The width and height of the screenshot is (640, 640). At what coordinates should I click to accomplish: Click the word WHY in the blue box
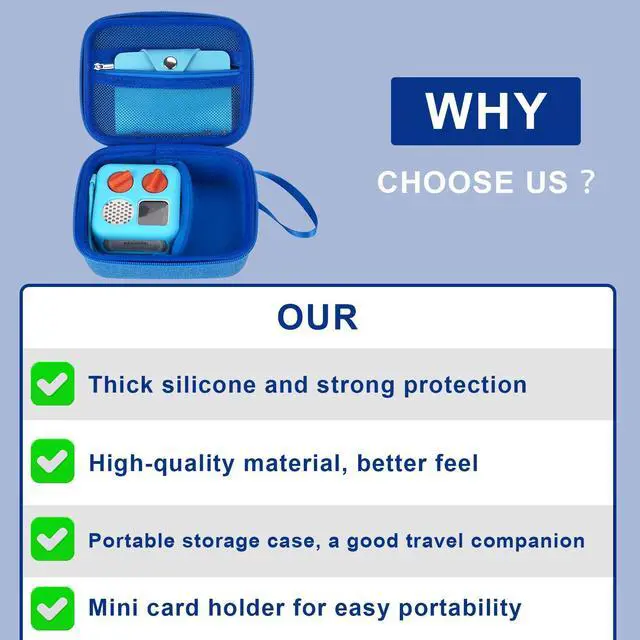tap(485, 111)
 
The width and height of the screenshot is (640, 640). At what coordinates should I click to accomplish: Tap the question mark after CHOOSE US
tap(587, 183)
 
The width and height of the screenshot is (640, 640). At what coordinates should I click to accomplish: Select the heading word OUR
tap(317, 317)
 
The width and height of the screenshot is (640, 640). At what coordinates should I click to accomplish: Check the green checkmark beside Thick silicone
tap(52, 384)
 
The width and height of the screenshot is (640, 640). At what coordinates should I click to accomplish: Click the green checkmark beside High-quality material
tap(52, 462)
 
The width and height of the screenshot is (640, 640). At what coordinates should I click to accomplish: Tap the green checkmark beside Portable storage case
tap(52, 539)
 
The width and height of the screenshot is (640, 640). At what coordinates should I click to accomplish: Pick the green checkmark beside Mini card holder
tap(52, 607)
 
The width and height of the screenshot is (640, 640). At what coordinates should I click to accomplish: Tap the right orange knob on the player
tap(154, 181)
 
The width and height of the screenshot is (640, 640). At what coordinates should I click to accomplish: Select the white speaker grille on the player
tap(119, 213)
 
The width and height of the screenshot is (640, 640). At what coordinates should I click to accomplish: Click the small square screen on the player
tap(153, 213)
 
